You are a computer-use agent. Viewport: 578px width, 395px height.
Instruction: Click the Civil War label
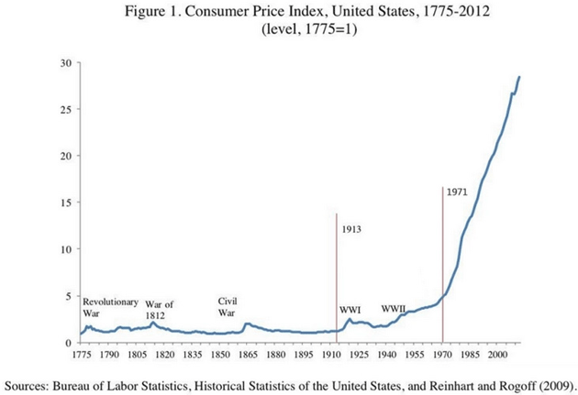(228, 306)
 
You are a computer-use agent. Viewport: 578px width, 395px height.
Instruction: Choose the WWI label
(350, 310)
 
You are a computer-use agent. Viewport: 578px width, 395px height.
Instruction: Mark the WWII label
(394, 308)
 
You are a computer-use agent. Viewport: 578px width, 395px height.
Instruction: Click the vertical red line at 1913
(338, 275)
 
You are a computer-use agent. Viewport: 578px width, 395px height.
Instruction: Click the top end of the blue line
(519, 77)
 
